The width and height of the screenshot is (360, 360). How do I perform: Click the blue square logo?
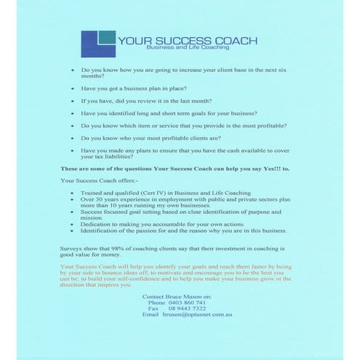tap(97, 42)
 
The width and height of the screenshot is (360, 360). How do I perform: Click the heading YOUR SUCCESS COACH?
tap(187, 41)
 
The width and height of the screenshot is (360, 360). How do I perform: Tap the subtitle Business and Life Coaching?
tap(188, 48)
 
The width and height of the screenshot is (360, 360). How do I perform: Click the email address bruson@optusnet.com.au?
tap(196, 314)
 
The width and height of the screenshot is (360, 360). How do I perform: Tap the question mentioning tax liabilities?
tap(182, 153)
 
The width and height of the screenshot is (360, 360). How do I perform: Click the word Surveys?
tap(73, 247)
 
